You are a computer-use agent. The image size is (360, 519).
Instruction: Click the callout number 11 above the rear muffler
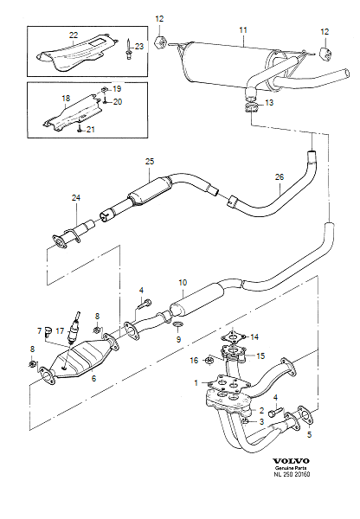243,29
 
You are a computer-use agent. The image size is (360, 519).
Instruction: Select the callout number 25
149,162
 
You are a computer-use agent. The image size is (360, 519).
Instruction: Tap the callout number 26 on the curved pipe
279,178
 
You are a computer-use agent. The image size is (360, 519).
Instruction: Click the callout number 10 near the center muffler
183,283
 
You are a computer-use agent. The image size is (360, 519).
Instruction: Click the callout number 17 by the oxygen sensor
60,330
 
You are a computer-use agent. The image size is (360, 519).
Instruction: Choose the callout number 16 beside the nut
196,359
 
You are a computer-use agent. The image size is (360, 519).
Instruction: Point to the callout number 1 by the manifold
196,382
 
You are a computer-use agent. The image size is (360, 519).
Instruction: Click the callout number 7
39,330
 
